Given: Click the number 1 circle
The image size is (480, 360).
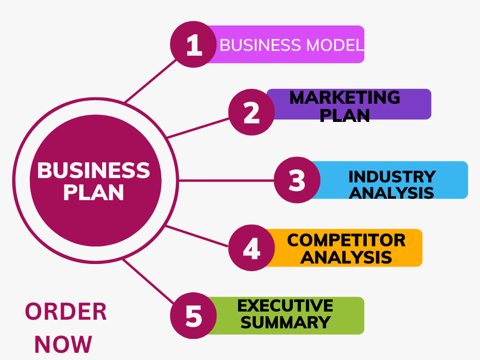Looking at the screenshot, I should pyautogui.click(x=193, y=45).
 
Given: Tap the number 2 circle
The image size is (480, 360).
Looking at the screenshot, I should pyautogui.click(x=251, y=112).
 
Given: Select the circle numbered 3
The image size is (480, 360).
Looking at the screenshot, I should pyautogui.click(x=297, y=180).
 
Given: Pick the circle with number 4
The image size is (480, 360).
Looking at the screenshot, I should pyautogui.click(x=251, y=248).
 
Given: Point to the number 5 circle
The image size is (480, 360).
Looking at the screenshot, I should pyautogui.click(x=193, y=316).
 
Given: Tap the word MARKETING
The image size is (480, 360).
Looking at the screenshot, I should pyautogui.click(x=345, y=97).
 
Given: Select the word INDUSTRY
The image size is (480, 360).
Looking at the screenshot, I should pyautogui.click(x=392, y=176).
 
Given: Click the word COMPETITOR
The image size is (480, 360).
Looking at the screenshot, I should pyautogui.click(x=346, y=240).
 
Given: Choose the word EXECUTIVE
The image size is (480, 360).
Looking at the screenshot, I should pyautogui.click(x=285, y=305).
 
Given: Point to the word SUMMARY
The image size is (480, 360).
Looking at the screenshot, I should pyautogui.click(x=285, y=322).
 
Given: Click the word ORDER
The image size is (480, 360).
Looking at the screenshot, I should pyautogui.click(x=66, y=312).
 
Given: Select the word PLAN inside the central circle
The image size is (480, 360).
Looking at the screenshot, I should pyautogui.click(x=94, y=192).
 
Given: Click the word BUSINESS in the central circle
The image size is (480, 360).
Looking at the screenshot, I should pyautogui.click(x=94, y=170).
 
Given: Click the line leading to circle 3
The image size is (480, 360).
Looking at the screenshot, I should pyautogui.click(x=226, y=180).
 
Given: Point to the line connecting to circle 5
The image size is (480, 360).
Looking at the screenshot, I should pyautogui.click(x=149, y=281).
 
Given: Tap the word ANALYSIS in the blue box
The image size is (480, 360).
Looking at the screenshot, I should pyautogui.click(x=392, y=192).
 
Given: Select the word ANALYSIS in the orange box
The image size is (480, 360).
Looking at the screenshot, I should pyautogui.click(x=346, y=257).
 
